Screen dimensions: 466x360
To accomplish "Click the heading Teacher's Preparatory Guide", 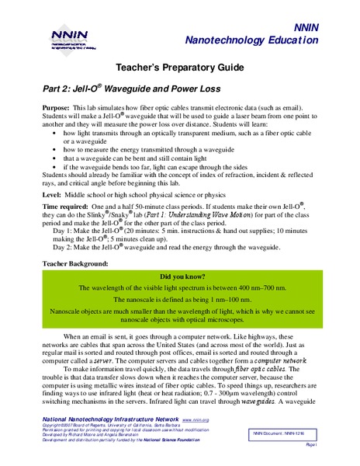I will click(x=179, y=69).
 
